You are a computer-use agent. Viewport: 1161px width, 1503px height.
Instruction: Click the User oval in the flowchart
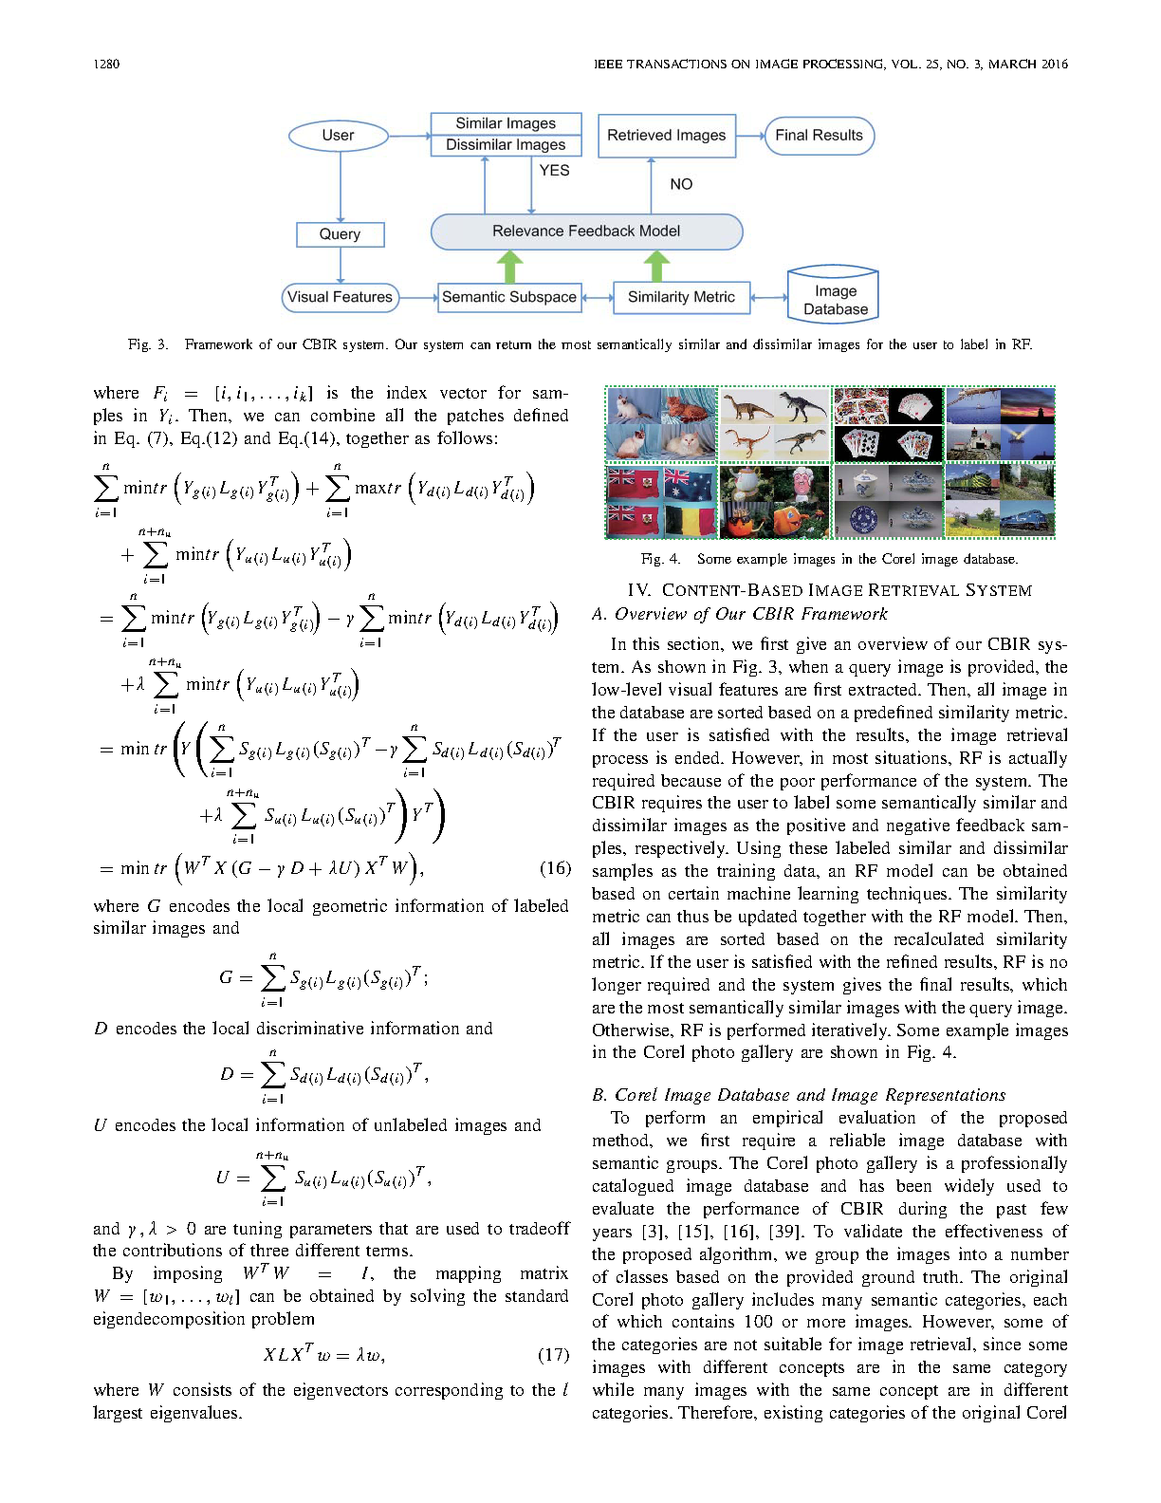[x=338, y=136]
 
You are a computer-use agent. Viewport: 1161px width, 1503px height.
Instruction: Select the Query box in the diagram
[x=340, y=234]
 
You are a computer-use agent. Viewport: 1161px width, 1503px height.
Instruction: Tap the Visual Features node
[x=340, y=297]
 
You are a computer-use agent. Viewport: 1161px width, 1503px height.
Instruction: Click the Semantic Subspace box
[x=508, y=297]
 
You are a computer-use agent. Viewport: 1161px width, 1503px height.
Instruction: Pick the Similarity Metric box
[x=681, y=297]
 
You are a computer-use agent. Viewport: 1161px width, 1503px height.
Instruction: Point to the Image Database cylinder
[x=835, y=298]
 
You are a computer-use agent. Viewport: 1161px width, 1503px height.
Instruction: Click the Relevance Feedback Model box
[x=586, y=232]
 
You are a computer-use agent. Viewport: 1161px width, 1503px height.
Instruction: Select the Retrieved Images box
[x=666, y=136]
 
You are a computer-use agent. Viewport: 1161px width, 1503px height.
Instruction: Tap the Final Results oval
[x=819, y=136]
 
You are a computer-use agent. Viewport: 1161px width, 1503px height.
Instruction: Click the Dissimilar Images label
[x=506, y=145]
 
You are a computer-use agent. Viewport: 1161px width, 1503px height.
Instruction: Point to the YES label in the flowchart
[x=554, y=171]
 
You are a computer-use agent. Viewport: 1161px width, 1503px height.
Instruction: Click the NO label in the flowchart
[x=681, y=184]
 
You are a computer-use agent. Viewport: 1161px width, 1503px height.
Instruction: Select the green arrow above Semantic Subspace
[x=510, y=267]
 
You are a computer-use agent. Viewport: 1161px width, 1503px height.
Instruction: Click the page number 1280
[x=106, y=65]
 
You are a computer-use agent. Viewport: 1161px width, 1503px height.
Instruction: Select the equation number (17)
[x=554, y=1354]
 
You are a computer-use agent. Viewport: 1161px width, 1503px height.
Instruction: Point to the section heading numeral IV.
[x=639, y=590]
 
